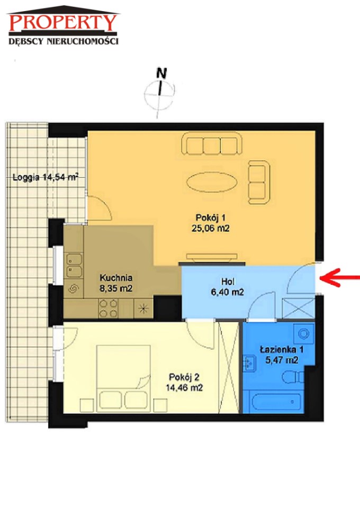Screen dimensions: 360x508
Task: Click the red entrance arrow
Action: tap(339, 278)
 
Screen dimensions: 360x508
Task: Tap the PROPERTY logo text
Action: tap(63, 22)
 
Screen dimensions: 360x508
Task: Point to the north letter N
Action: tap(161, 74)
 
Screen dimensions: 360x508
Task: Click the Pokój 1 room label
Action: tap(210, 217)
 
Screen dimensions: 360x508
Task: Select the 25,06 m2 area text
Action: tap(210, 229)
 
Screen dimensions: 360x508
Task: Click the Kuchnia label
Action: tap(116, 278)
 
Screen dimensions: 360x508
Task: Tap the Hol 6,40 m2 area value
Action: tap(227, 292)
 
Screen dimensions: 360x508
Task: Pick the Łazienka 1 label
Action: tap(282, 350)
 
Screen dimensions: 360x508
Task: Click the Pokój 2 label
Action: tap(184, 377)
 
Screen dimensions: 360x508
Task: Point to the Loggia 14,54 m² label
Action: tap(46, 177)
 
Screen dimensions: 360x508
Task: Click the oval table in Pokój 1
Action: tap(212, 182)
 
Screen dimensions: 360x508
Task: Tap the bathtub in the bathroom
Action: tap(273, 402)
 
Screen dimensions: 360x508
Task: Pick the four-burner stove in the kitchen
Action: tap(108, 309)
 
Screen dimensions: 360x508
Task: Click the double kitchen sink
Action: tap(74, 266)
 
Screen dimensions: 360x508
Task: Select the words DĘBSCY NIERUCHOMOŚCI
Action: tap(64, 41)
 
